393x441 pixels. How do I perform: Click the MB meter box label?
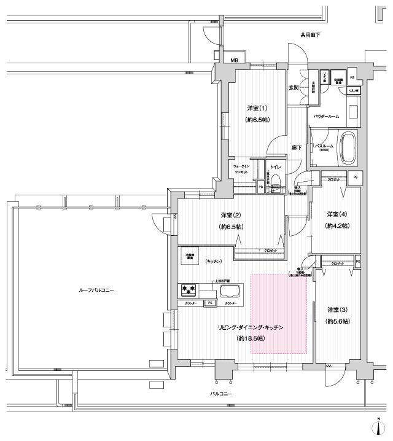tap(234, 60)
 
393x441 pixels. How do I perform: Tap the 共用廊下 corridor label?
tap(311, 36)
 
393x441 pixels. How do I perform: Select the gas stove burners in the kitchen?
tap(188, 289)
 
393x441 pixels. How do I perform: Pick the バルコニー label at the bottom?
tap(222, 393)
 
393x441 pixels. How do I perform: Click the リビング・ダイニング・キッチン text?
tap(251, 328)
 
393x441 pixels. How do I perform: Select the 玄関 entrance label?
tap(294, 88)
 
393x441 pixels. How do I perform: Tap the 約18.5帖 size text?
tap(251, 339)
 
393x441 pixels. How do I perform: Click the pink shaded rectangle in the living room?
tap(278, 313)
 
